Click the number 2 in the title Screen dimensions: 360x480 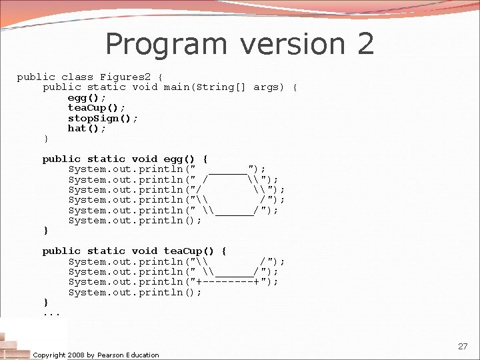click(x=365, y=45)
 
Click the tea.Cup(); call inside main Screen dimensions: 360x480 click(x=96, y=108)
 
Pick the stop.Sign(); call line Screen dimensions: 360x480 click(x=103, y=118)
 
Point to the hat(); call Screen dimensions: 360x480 click(x=87, y=128)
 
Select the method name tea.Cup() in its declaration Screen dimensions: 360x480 click(x=189, y=251)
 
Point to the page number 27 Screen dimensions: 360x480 click(x=463, y=347)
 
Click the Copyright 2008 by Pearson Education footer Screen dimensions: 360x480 click(x=96, y=355)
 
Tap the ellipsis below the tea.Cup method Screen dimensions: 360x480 click(x=52, y=313)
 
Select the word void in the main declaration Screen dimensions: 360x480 click(x=145, y=87)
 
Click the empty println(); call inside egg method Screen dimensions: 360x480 click(x=135, y=221)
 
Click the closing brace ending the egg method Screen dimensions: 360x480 click(x=46, y=231)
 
